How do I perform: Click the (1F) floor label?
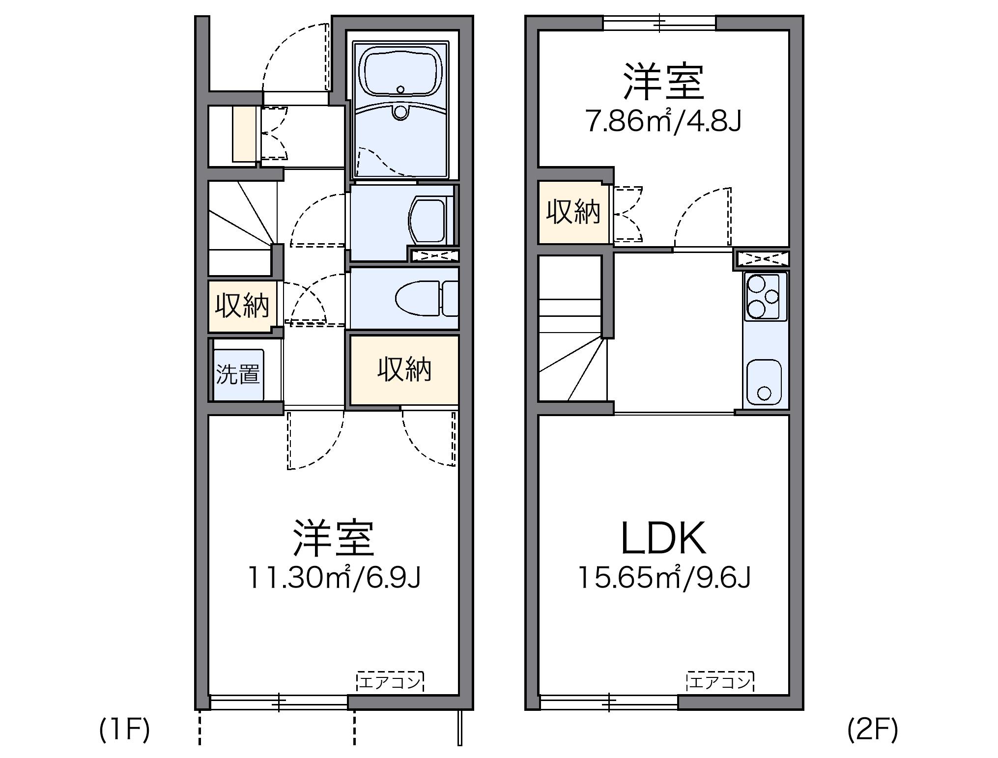pos(124,730)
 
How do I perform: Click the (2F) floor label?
pos(873,730)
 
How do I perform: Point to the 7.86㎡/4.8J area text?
pos(663,121)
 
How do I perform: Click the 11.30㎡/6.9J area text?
pos(334,578)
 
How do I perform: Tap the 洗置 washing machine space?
pos(238,374)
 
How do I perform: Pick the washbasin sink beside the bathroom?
pos(428,220)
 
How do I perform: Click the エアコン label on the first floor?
pos(390,681)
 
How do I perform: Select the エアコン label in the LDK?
pos(720,681)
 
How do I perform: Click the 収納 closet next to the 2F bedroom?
pos(573,212)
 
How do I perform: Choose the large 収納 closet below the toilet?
pos(404,369)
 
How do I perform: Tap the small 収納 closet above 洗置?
pos(242,306)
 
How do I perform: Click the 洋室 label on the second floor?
pos(663,82)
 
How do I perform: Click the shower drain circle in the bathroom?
pos(400,112)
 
